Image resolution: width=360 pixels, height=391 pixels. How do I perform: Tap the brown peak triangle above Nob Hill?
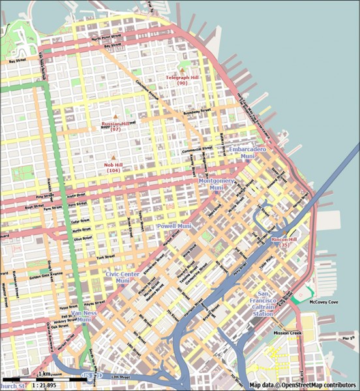pyautogui.click(x=113, y=157)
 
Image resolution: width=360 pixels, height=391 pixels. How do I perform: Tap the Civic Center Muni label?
pyautogui.click(x=122, y=278)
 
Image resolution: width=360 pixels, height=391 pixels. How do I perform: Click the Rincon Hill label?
pyautogui.click(x=284, y=242)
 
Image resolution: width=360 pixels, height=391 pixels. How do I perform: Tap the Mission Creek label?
pyautogui.click(x=287, y=333)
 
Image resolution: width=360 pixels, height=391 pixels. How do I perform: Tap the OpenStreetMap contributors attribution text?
pyautogui.click(x=303, y=385)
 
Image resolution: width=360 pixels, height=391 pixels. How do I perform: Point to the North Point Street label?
pyautogui.click(x=106, y=38)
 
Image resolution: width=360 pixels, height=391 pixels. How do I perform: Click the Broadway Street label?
pyautogui.click(x=198, y=111)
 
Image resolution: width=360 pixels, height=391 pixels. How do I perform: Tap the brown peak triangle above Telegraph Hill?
pyautogui.click(x=182, y=70)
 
